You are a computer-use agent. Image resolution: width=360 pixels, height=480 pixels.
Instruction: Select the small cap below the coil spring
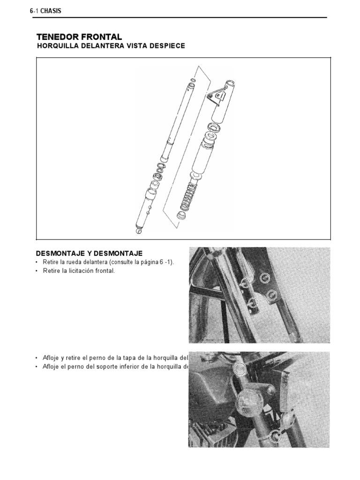[x=179, y=216]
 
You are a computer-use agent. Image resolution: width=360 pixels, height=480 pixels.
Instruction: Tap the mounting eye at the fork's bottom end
[x=138, y=230]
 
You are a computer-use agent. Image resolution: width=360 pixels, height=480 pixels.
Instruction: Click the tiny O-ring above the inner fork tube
[x=193, y=73]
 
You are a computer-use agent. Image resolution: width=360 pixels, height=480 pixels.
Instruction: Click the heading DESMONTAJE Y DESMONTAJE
[x=89, y=253]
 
